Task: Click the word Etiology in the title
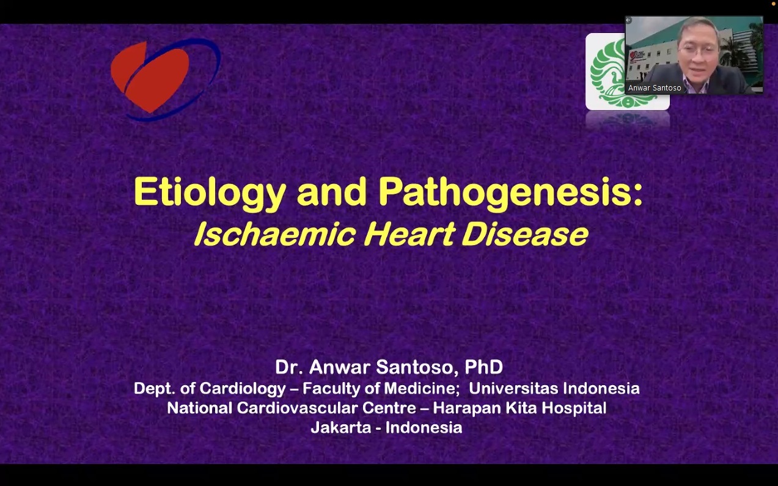(210, 193)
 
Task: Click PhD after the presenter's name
(484, 367)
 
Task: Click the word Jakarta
(341, 428)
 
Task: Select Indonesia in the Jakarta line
(424, 428)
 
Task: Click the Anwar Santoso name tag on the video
(655, 88)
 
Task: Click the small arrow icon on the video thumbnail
(628, 20)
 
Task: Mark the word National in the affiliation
(199, 408)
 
